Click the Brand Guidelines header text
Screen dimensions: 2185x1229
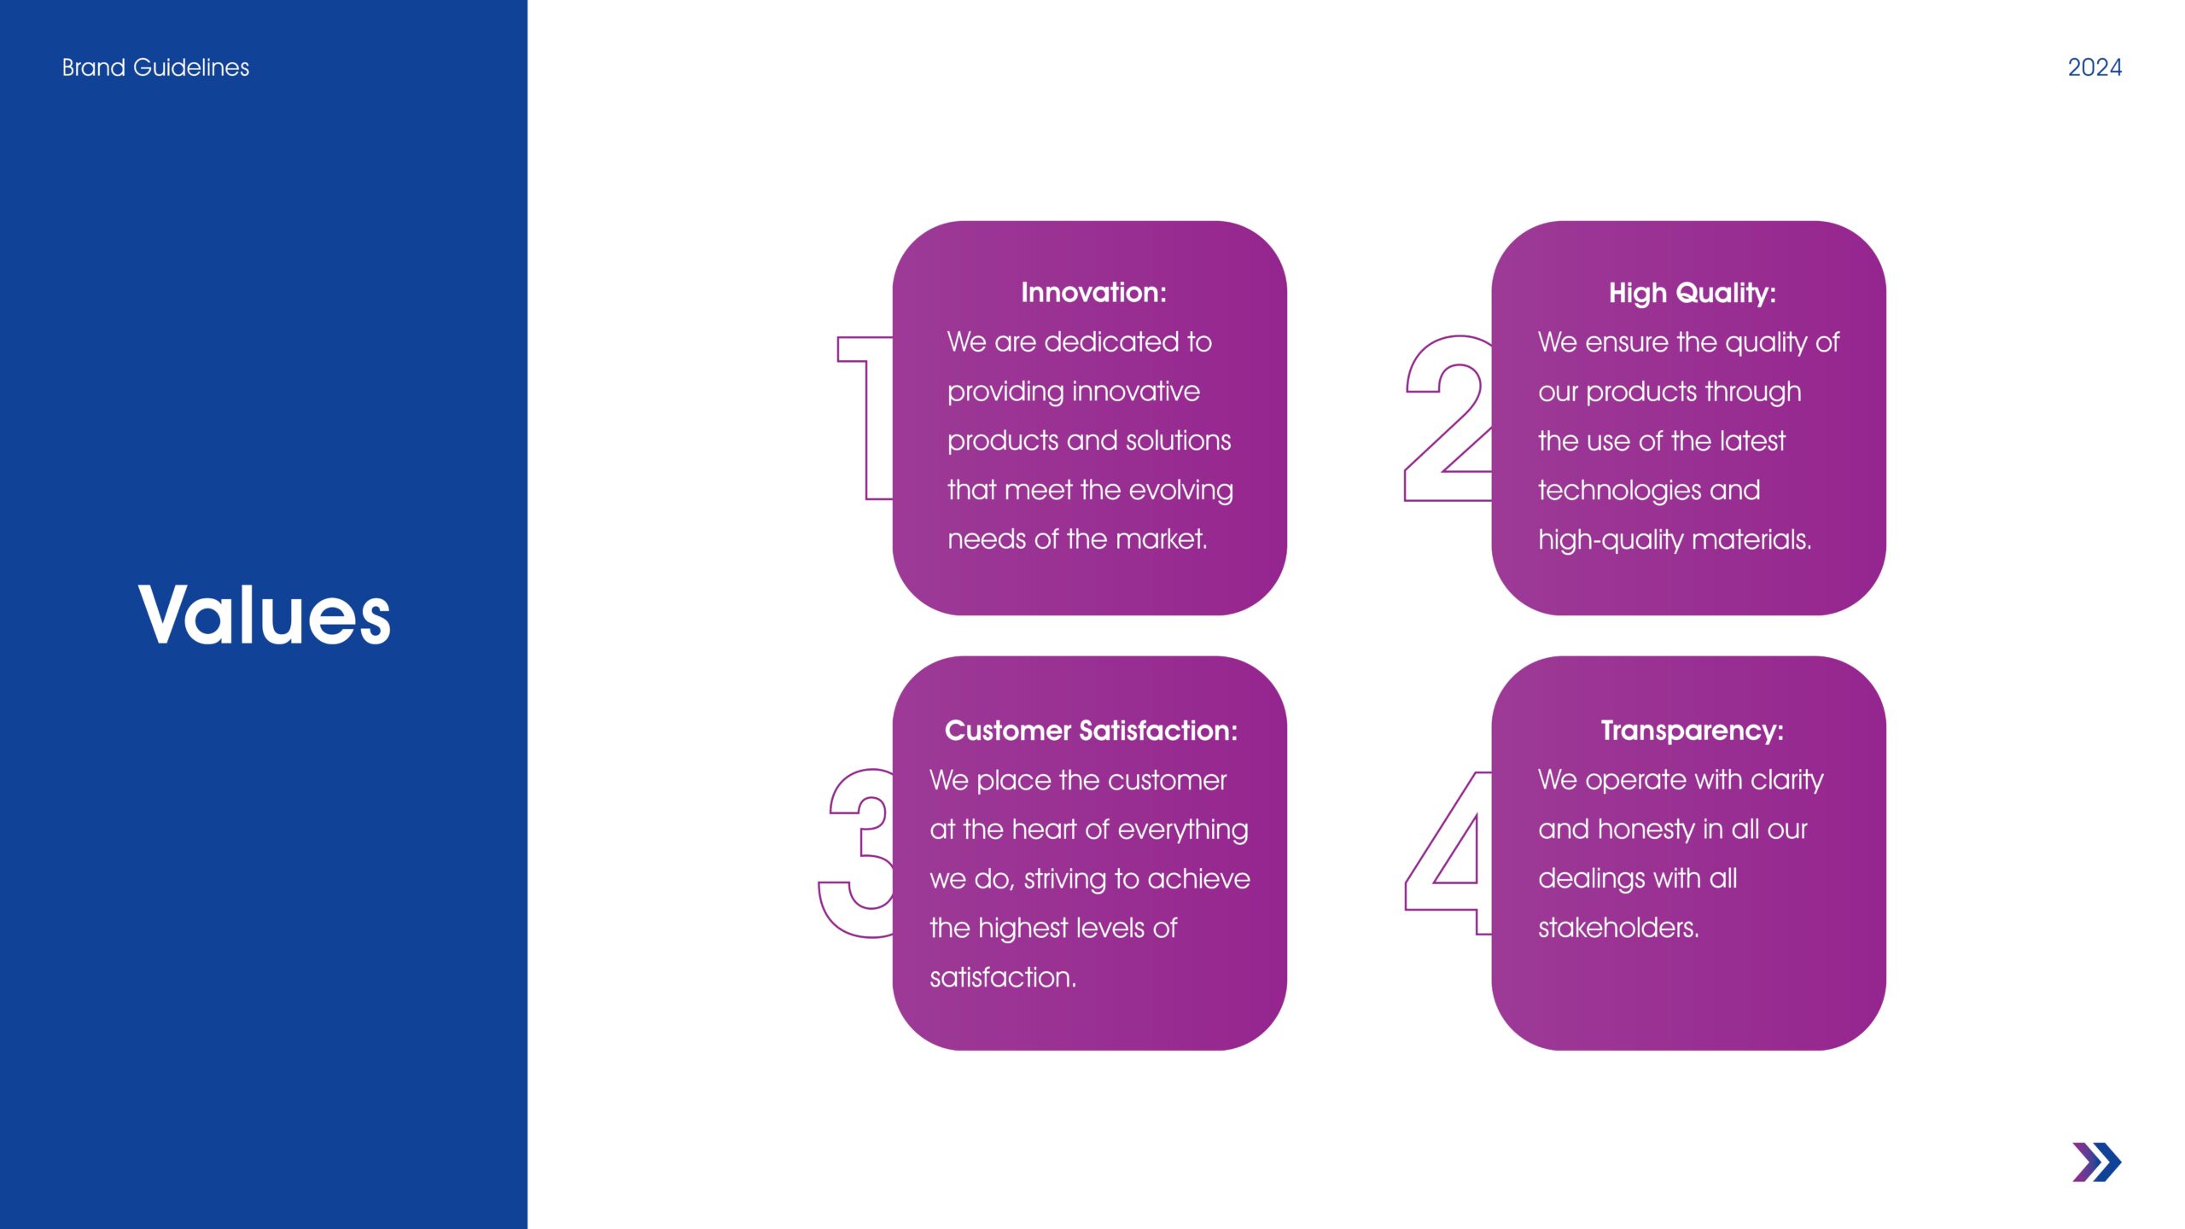coord(155,67)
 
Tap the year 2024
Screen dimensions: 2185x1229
coord(2095,67)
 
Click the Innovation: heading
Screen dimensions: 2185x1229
coord(1093,293)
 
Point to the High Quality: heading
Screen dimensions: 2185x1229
coord(1693,294)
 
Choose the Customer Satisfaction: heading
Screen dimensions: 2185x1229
coord(1091,731)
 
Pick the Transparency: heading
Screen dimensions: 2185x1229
coord(1693,731)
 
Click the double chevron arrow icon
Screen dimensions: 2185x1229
coord(2097,1162)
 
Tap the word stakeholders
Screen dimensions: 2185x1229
coord(1618,928)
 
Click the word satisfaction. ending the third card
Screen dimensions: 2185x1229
coord(1003,977)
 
